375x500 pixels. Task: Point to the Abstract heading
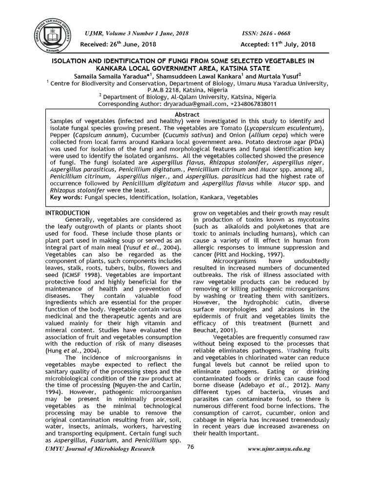(x=187, y=114)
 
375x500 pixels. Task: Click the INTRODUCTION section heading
(x=67, y=213)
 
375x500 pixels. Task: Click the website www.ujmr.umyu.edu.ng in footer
(x=280, y=449)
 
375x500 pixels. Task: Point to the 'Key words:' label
(x=67, y=197)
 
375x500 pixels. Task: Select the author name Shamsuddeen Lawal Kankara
(x=200, y=76)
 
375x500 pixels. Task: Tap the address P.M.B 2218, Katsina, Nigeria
(x=187, y=90)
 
